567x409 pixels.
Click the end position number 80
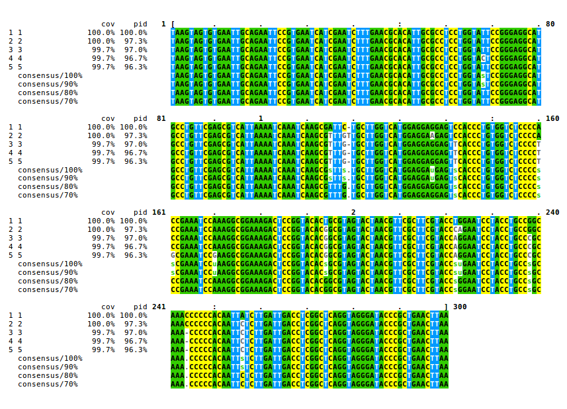pyautogui.click(x=550, y=24)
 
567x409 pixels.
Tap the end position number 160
pyautogui.click(x=552, y=119)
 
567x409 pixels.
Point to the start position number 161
pyautogui.click(x=159, y=213)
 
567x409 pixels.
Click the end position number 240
pyautogui.click(x=552, y=213)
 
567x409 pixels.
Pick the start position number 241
pyautogui.click(x=159, y=307)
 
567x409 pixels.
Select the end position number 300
pyautogui.click(x=458, y=307)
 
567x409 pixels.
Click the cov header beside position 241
pyautogui.click(x=108, y=307)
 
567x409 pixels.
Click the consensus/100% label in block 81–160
pyautogui.click(x=50, y=170)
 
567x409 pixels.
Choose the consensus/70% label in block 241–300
pyautogui.click(x=48, y=384)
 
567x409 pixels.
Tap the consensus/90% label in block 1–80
pyautogui.click(x=48, y=84)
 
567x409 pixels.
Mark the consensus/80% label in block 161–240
pyautogui.click(x=48, y=281)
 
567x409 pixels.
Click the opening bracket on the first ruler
pyautogui.click(x=173, y=24)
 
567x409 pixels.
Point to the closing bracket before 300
pyautogui.click(x=446, y=307)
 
